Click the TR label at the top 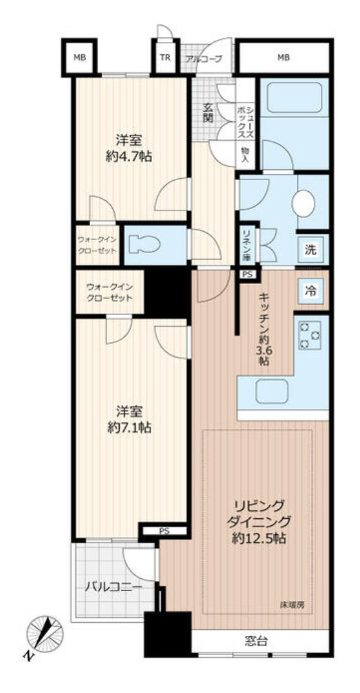pos(165,58)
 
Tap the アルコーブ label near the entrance pos(203,58)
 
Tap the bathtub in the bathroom pos(295,97)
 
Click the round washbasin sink pos(304,203)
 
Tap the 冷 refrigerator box pos(311,291)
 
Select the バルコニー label pos(113,588)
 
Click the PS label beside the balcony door pos(164,531)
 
